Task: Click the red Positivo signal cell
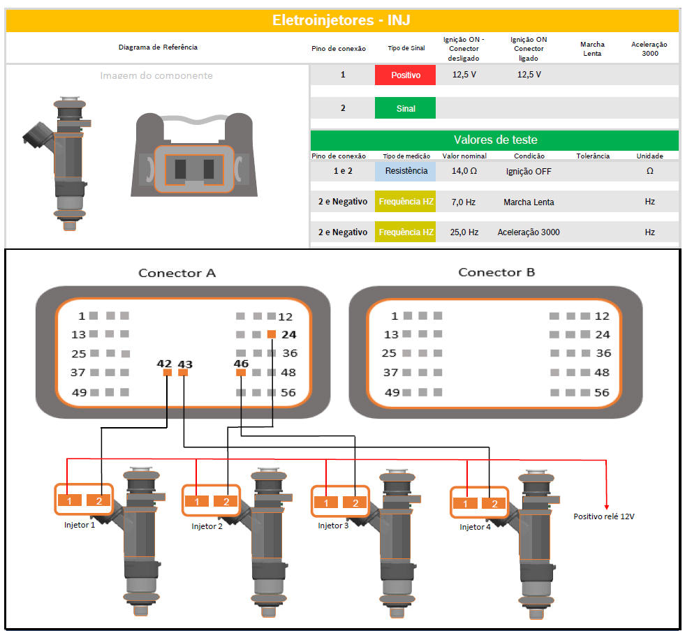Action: point(405,75)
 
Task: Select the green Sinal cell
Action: point(405,108)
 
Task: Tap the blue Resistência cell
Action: point(405,171)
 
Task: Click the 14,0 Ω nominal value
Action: point(464,171)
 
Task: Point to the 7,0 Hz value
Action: point(463,202)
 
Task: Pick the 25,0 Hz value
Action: point(464,232)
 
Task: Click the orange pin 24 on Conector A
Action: point(272,334)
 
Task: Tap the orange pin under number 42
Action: point(168,373)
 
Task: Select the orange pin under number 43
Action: point(183,373)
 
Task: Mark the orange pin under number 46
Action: point(241,373)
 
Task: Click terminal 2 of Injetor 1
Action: point(99,500)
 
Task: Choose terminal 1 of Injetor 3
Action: point(325,503)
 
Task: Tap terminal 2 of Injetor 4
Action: point(494,504)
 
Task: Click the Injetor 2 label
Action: point(207,526)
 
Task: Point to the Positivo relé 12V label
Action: point(604,516)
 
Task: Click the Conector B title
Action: point(496,272)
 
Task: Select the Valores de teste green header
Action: point(494,140)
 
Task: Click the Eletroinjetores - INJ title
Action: point(341,20)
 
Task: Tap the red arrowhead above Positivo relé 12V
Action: point(606,507)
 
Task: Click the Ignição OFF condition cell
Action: point(529,172)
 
